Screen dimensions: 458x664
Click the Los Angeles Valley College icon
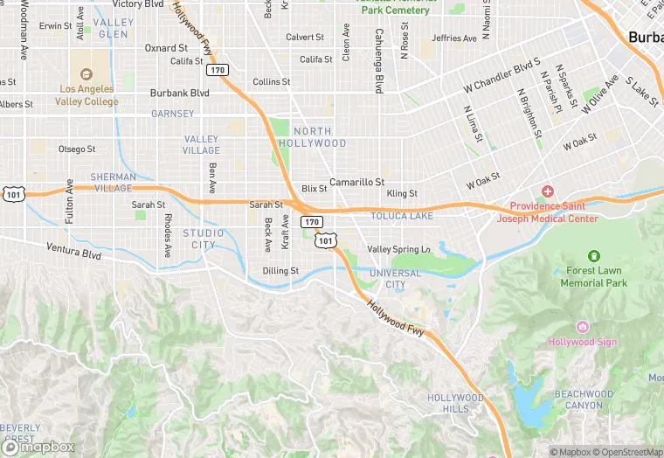click(86, 75)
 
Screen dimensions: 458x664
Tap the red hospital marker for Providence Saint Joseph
click(548, 191)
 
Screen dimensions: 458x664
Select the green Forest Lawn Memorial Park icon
click(594, 256)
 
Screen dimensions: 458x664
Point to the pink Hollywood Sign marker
click(583, 327)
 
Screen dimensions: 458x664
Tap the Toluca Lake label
click(401, 216)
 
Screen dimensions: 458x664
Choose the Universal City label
click(395, 279)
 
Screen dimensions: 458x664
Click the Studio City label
click(204, 239)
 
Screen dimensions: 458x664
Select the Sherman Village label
click(114, 182)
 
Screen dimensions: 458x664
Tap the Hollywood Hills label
click(454, 404)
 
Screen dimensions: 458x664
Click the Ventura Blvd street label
click(74, 253)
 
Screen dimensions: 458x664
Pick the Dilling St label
click(281, 271)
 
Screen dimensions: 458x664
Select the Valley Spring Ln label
click(398, 250)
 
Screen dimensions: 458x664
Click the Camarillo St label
click(356, 182)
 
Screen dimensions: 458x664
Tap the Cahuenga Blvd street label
click(379, 61)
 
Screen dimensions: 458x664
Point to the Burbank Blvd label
click(180, 93)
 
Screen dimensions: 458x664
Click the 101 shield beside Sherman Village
click(13, 191)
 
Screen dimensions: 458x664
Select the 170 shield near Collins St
click(218, 70)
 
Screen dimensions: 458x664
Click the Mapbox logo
click(38, 447)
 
